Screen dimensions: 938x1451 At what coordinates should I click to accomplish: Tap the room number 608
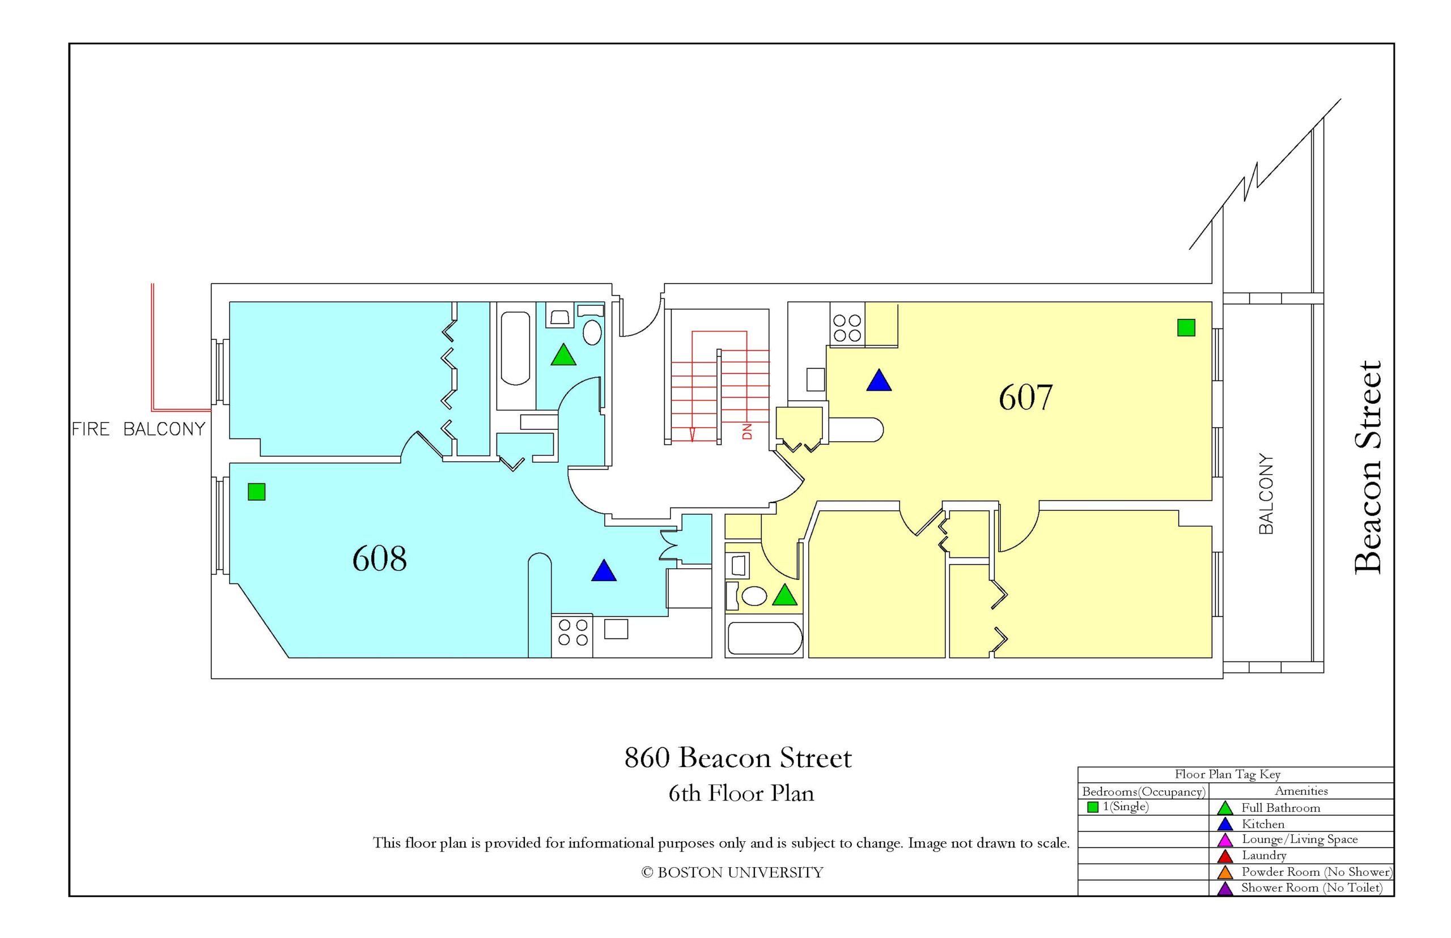point(379,558)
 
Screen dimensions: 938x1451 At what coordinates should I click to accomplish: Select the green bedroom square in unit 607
point(1185,328)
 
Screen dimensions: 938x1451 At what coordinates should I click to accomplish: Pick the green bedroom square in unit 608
point(257,492)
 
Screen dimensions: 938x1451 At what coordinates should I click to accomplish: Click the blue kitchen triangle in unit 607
point(879,381)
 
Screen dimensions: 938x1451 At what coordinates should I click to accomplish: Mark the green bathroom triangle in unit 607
point(784,596)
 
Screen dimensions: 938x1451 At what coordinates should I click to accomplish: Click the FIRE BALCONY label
point(138,429)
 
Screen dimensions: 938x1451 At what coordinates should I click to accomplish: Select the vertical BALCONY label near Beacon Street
point(1266,494)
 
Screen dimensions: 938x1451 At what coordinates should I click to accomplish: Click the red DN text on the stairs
point(747,431)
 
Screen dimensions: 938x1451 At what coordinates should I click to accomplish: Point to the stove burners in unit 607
point(846,328)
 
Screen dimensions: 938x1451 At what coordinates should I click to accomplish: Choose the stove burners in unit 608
point(573,632)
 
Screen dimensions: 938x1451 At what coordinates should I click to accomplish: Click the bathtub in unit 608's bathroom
point(515,348)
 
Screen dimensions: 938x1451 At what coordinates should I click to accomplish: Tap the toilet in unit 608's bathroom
point(592,333)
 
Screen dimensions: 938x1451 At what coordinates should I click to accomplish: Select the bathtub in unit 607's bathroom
point(764,638)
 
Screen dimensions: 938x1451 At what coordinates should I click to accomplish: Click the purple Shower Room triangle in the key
point(1224,889)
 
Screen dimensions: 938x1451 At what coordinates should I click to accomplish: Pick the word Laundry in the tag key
point(1264,856)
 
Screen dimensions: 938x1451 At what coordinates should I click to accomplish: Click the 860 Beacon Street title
point(738,758)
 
